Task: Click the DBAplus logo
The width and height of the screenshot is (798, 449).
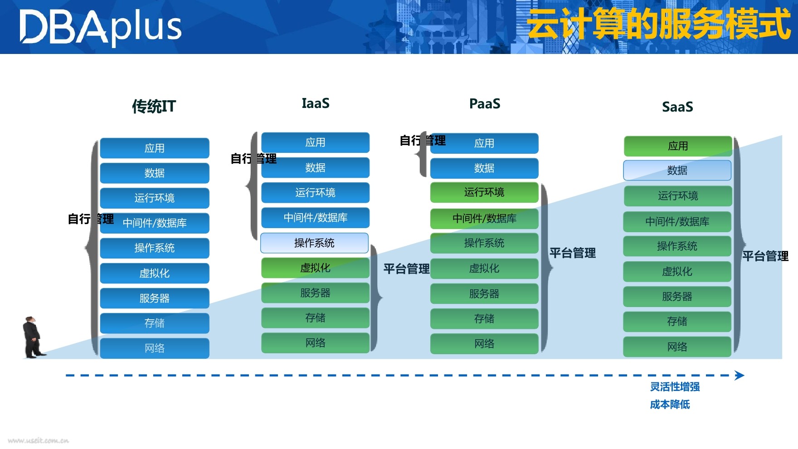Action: (x=100, y=27)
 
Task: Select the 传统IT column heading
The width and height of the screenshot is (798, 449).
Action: (x=154, y=107)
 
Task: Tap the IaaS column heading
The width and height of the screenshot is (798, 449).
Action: (x=316, y=103)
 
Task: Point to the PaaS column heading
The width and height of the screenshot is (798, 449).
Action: (x=485, y=104)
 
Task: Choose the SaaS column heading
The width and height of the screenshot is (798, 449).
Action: (x=677, y=107)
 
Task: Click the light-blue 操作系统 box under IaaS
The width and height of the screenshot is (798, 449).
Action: (x=314, y=243)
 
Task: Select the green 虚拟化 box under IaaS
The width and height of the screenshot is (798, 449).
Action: (x=315, y=268)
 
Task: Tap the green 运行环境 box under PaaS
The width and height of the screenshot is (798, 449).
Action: (x=484, y=192)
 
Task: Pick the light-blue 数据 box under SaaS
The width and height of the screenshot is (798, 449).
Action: (x=677, y=171)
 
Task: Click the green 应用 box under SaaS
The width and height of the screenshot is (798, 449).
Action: (x=678, y=146)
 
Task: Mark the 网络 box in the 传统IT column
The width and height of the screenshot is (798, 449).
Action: (x=155, y=348)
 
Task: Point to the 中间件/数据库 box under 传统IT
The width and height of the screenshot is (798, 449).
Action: (x=155, y=223)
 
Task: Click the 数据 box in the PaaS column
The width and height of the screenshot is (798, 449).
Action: (x=484, y=168)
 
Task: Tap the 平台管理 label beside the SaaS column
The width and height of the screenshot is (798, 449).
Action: (x=765, y=256)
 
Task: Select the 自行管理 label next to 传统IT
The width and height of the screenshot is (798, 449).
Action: (x=90, y=219)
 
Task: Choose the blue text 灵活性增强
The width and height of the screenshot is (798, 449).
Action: (x=675, y=387)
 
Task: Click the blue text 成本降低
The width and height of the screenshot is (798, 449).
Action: (x=670, y=405)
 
